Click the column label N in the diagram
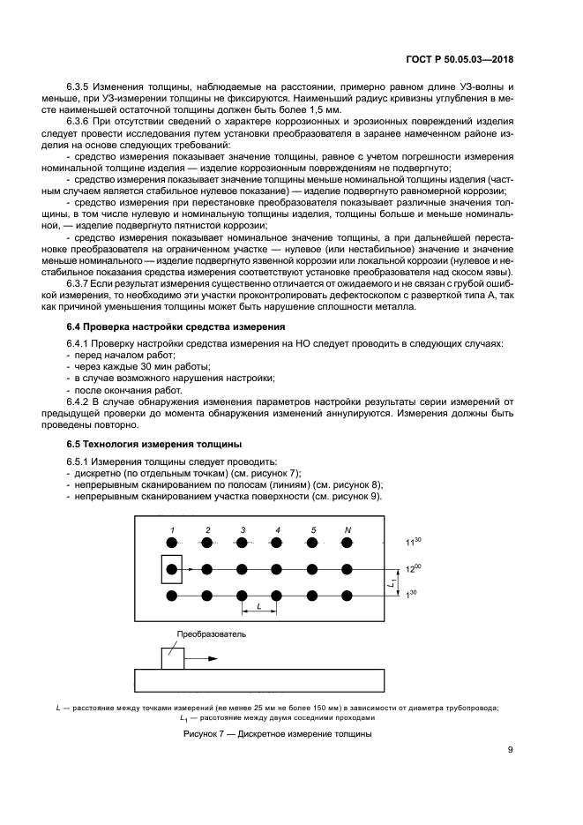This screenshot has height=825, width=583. pyautogui.click(x=348, y=529)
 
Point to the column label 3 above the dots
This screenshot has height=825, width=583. pyautogui.click(x=242, y=529)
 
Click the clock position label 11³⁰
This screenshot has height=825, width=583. pyautogui.click(x=413, y=541)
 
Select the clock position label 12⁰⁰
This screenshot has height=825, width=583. pyautogui.click(x=413, y=570)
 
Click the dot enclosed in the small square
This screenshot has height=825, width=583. pyautogui.click(x=172, y=569)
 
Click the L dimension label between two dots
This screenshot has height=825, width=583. pyautogui.click(x=258, y=607)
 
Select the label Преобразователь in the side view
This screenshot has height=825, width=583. pyautogui.click(x=212, y=634)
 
